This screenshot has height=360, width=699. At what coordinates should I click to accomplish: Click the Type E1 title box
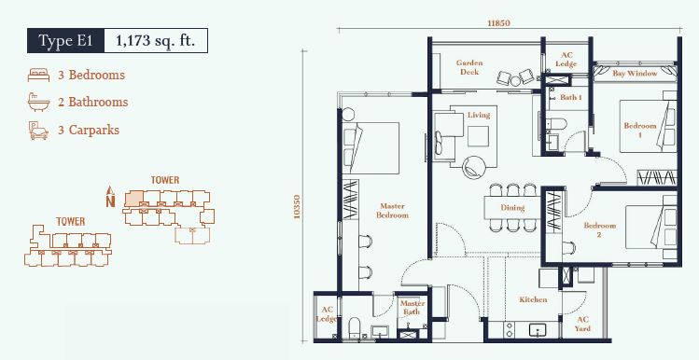pos(65,40)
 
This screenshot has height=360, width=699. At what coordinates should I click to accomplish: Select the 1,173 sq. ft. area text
pos(156,40)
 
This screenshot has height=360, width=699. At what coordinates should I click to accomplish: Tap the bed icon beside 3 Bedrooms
pos(39,75)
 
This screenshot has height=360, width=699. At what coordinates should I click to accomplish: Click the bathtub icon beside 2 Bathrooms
pos(39,102)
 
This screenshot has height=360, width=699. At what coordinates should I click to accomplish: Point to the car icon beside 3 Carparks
pos(38,131)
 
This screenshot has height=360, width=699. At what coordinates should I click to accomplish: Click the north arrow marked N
pos(110,197)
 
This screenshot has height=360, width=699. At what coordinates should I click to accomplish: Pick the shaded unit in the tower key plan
pos(133,199)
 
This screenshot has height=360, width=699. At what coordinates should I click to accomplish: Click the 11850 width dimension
pos(498,23)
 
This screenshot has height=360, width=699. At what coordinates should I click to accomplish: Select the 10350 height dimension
pos(297,207)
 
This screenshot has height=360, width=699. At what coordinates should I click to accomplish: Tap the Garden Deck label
pos(469,67)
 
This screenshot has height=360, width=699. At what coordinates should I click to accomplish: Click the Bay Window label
pos(635,73)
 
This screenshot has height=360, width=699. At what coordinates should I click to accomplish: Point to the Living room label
pos(479,115)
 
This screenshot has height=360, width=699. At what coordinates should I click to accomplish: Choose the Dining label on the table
pos(512,208)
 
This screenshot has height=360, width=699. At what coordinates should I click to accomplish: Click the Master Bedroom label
pos(392,211)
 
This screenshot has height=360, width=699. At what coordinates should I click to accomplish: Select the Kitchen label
pos(533,300)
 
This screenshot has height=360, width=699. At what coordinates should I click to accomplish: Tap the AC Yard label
pos(582,324)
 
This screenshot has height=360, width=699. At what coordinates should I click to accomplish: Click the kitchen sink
pos(538,330)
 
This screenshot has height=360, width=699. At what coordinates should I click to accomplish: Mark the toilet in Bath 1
pos(557,124)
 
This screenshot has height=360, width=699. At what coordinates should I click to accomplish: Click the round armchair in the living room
pos(474,168)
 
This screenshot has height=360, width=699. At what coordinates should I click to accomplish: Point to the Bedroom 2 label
pos(599,230)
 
